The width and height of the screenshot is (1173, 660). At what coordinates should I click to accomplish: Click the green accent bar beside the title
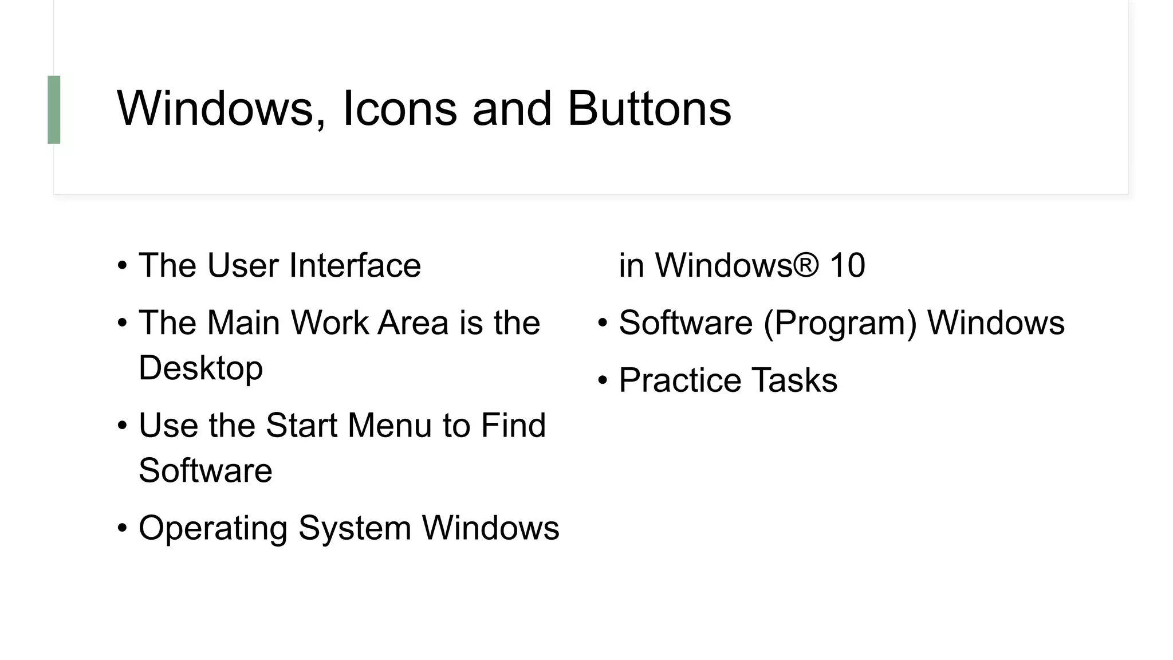pos(54,109)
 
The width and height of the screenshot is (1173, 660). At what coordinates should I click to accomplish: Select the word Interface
pos(355,265)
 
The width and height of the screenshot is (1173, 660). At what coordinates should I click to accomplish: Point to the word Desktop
pos(200,368)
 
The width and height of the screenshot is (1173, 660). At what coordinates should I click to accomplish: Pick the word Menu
pos(389,426)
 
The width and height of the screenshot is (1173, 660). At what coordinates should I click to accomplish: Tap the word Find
pos(513,426)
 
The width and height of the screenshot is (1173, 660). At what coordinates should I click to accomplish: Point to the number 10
pos(847,265)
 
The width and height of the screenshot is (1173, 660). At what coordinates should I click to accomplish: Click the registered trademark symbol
pos(806,264)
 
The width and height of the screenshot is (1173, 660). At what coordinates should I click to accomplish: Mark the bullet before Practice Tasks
pos(602,381)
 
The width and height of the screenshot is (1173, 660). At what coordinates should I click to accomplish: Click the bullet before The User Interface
pos(122,266)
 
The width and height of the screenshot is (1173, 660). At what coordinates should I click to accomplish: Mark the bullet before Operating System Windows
pos(122,528)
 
